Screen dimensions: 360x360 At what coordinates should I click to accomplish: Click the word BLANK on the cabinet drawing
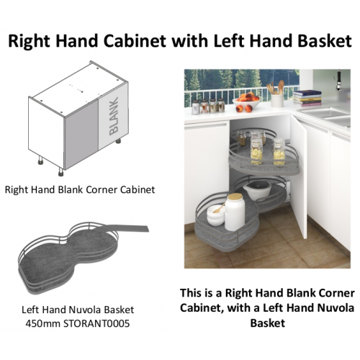pos(114,116)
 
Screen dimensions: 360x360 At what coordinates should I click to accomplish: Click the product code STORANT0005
pos(96,323)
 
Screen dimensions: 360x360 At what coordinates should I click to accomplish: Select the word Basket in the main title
pos(325,40)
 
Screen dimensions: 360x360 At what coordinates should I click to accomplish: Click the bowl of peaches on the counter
pos(246,102)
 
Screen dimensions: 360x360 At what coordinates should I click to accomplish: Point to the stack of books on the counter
pos(307,98)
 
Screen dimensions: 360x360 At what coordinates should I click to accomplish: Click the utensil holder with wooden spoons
pos(276,94)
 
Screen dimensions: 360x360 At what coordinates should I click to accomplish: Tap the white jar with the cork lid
pos(235,212)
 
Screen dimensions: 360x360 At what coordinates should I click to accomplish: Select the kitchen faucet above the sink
pos(338,80)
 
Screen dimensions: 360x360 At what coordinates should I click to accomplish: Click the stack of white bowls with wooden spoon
pos(216,214)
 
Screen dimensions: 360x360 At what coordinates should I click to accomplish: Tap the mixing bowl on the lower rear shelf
pos(257,189)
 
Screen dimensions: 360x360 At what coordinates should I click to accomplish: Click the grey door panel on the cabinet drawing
pos(81,134)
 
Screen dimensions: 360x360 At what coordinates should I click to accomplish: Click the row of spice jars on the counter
pos(208,106)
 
